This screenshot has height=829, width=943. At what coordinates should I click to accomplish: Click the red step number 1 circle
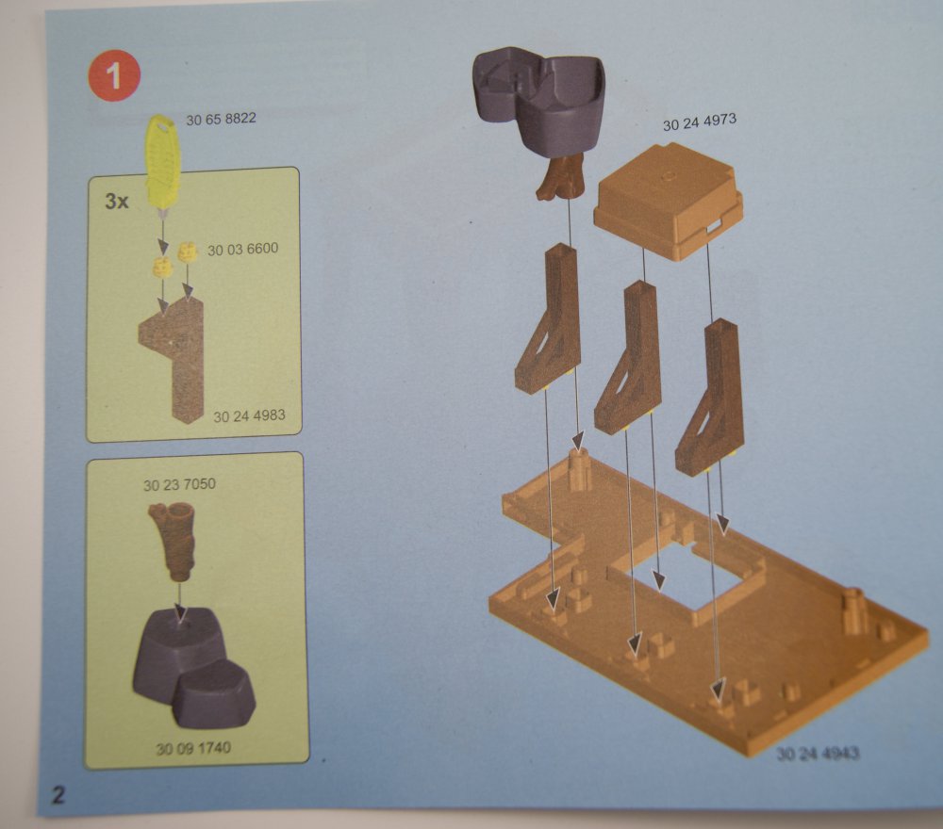[114, 75]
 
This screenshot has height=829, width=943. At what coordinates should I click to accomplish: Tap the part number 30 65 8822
[221, 119]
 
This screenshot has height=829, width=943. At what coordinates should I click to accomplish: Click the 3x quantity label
[117, 201]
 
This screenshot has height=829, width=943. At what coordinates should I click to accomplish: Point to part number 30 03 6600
[242, 249]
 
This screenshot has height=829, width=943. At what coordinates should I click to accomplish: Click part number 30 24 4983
[249, 415]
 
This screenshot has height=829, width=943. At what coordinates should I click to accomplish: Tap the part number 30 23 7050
[179, 484]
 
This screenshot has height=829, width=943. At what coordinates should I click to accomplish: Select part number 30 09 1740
[193, 749]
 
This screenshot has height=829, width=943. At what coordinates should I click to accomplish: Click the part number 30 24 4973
[700, 122]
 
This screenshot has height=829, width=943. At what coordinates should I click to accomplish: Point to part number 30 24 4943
[818, 754]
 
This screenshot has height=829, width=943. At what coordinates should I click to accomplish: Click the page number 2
[58, 795]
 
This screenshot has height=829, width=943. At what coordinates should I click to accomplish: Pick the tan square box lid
[668, 201]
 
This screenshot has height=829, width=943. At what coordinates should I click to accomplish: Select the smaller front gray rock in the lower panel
[213, 694]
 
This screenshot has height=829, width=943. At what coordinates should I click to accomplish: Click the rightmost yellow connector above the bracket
[188, 252]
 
